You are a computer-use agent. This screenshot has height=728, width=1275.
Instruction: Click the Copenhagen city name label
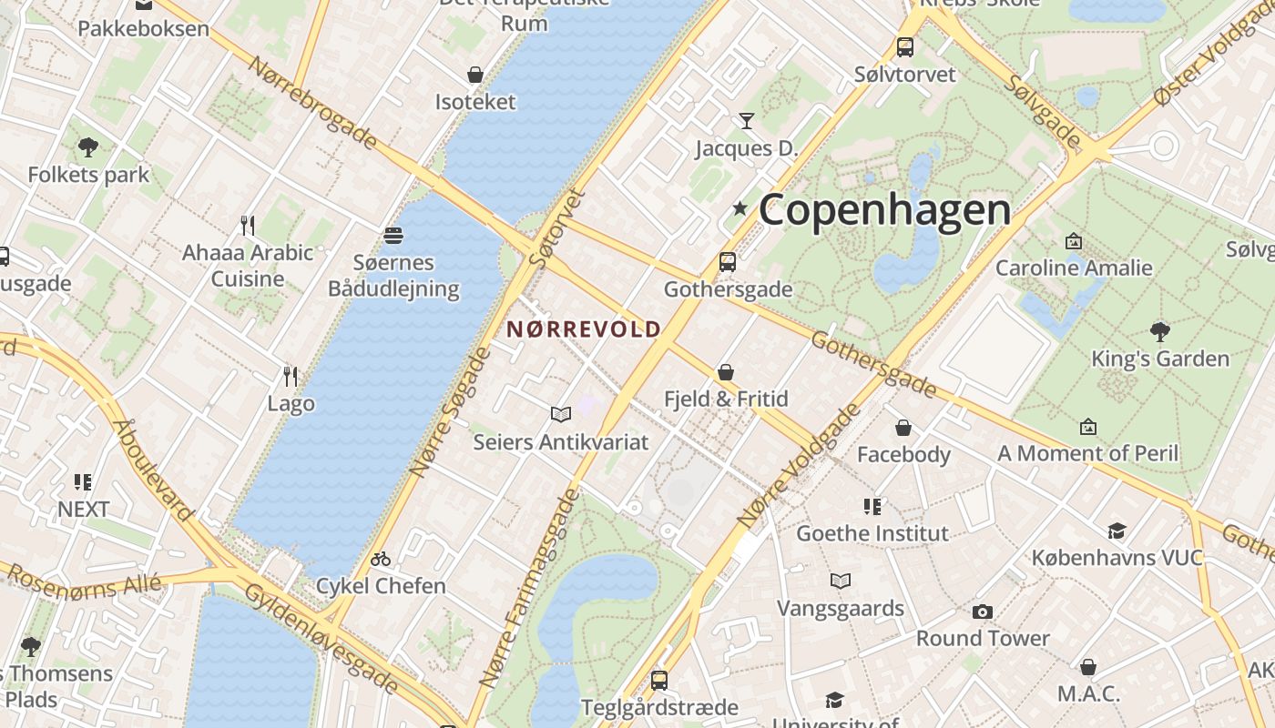(x=884, y=210)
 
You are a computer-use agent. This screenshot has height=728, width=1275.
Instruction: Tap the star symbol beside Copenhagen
(x=739, y=209)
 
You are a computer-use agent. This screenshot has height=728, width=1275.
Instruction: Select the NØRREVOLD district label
(x=583, y=329)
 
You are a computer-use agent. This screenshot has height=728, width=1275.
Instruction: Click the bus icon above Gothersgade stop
(x=727, y=262)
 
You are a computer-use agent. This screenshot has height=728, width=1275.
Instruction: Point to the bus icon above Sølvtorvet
(x=904, y=46)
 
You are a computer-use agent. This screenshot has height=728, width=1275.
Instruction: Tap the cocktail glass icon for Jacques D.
(x=747, y=120)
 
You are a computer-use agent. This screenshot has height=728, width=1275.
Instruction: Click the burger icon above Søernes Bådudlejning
(x=393, y=236)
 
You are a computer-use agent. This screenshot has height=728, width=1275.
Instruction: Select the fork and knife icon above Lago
(x=291, y=376)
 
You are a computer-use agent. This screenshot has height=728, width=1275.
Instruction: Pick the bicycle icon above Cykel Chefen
(x=381, y=559)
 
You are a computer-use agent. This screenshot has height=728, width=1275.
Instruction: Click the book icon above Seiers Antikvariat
(x=561, y=415)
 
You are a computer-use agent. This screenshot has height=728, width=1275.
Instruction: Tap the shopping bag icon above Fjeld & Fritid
(x=726, y=371)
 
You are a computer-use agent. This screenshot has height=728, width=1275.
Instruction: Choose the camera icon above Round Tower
(x=982, y=612)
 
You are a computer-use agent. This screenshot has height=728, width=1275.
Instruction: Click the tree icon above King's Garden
(x=1159, y=331)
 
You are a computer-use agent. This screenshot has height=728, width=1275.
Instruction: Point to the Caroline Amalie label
(x=1074, y=268)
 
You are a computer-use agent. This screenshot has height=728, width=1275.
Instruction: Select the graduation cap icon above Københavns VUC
(x=1117, y=531)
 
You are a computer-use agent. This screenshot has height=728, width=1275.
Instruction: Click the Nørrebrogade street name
(x=312, y=102)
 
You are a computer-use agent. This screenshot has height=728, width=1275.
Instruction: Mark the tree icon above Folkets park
(x=88, y=147)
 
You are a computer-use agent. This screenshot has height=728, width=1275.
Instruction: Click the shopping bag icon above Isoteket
(x=474, y=74)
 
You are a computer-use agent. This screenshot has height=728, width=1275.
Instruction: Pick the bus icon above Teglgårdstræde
(x=658, y=680)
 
